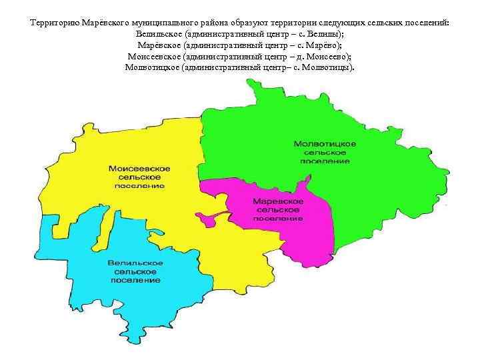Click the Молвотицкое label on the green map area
325,144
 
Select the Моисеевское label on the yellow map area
139,169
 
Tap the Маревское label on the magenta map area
279,201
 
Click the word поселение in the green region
325,161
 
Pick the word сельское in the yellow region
139,177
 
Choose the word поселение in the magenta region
279,218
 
